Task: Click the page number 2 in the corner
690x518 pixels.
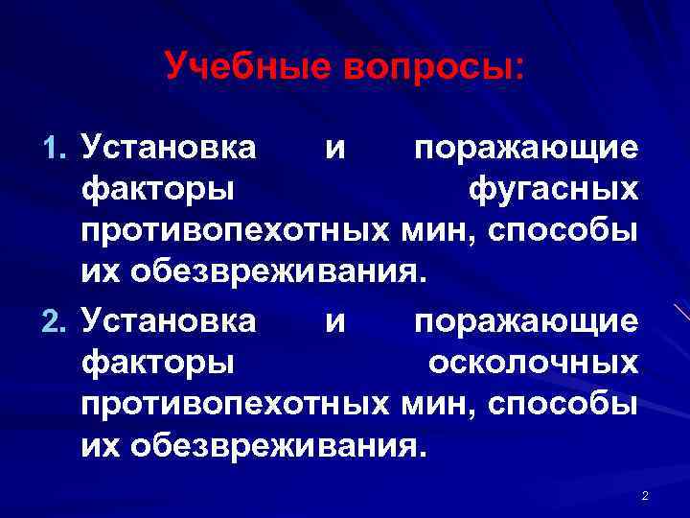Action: point(645,495)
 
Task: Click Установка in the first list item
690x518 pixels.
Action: point(169,150)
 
